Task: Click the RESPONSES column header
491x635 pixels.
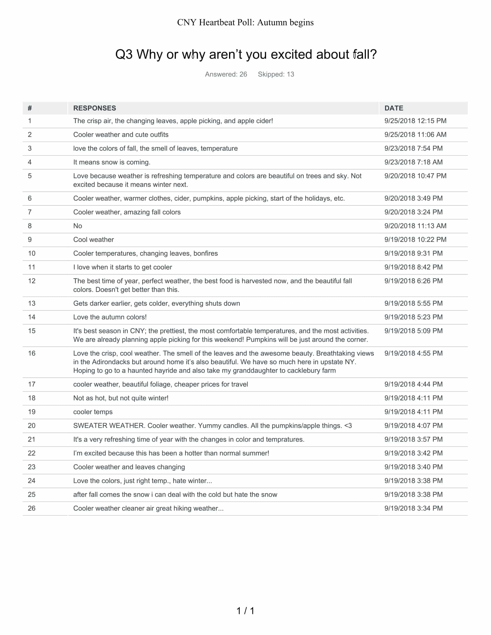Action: (94, 108)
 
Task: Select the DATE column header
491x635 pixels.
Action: (394, 108)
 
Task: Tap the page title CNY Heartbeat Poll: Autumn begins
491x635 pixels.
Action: (245, 23)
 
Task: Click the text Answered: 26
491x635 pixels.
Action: (226, 74)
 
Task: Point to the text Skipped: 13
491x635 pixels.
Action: (276, 74)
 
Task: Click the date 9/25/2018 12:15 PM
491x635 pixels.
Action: (415, 121)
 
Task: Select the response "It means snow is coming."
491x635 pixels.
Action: (112, 162)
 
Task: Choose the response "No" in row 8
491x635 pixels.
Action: (78, 226)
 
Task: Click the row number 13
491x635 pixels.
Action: (32, 304)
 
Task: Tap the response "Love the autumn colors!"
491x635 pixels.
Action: (110, 317)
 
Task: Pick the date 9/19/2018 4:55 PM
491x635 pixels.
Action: (413, 354)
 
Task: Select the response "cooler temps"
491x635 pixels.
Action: (93, 412)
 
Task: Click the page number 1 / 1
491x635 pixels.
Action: (245, 611)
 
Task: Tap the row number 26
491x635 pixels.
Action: (32, 509)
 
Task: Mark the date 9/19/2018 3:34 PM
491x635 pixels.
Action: (413, 509)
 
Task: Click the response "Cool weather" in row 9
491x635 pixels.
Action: (93, 240)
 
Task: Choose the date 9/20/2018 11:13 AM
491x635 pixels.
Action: (415, 226)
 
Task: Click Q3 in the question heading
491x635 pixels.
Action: (124, 54)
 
